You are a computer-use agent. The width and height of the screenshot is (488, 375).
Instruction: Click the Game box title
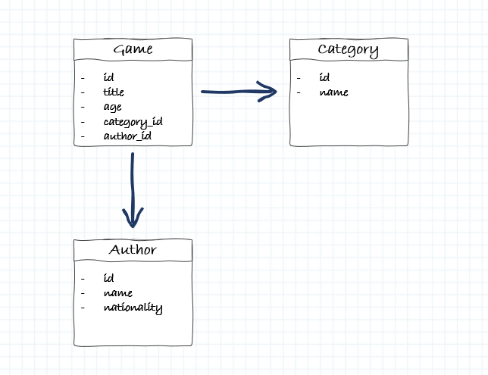[133, 50]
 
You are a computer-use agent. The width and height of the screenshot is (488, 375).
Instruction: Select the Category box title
[348, 50]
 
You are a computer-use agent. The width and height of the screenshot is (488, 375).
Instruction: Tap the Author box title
[133, 250]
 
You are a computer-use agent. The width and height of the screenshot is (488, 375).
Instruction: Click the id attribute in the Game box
[108, 77]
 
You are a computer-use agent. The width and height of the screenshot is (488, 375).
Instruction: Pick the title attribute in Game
[114, 92]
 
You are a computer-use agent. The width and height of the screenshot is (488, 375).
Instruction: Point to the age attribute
[112, 107]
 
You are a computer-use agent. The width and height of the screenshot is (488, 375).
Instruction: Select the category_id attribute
[133, 121]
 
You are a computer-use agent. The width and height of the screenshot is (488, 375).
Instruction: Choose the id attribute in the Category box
[324, 77]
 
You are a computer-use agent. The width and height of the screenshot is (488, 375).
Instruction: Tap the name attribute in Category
[333, 92]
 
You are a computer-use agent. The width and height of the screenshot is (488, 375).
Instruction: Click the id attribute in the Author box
[108, 278]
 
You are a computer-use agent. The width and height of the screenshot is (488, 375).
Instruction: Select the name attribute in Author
[118, 292]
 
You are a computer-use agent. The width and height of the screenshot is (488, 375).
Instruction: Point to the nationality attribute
[133, 308]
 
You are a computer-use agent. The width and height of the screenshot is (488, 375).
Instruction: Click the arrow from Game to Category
[235, 92]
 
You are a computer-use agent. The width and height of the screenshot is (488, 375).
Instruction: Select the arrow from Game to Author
[133, 186]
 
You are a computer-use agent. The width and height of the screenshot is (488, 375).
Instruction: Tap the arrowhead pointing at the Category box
[270, 91]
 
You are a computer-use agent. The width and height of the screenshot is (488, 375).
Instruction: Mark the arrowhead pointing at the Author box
[133, 220]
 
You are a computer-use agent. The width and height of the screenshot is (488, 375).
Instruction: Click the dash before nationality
[83, 308]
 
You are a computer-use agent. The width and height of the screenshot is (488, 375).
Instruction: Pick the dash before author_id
[83, 136]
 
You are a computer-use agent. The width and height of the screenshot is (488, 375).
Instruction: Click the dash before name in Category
[299, 92]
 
